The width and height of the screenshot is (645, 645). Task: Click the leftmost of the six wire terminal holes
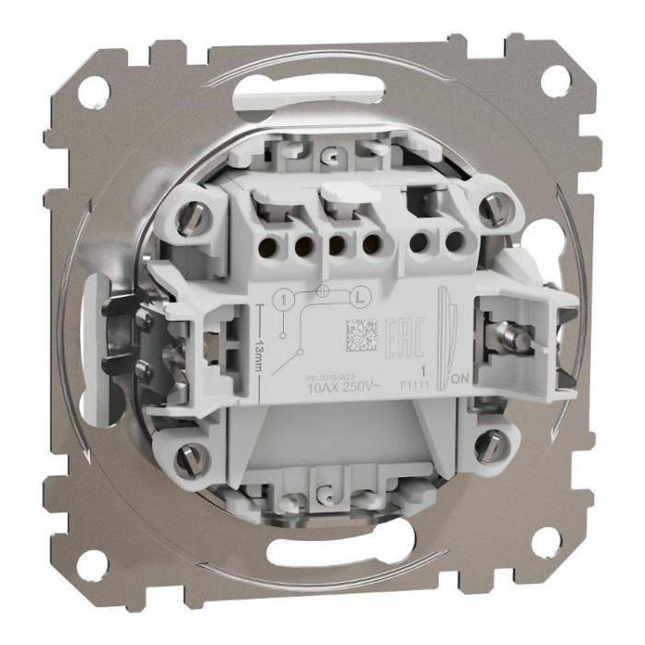pos(271,245)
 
